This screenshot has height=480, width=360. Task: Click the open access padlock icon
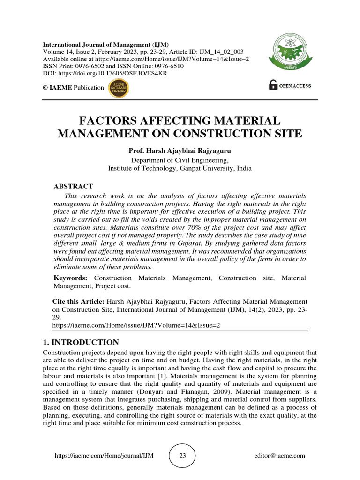(x=273, y=85)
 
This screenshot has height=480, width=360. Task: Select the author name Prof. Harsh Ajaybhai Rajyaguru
(x=180, y=151)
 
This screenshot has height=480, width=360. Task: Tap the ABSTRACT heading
(x=73, y=186)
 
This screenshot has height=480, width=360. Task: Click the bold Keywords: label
(x=70, y=278)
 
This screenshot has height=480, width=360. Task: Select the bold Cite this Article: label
(x=78, y=301)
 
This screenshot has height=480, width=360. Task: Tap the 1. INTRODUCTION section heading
(x=81, y=342)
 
